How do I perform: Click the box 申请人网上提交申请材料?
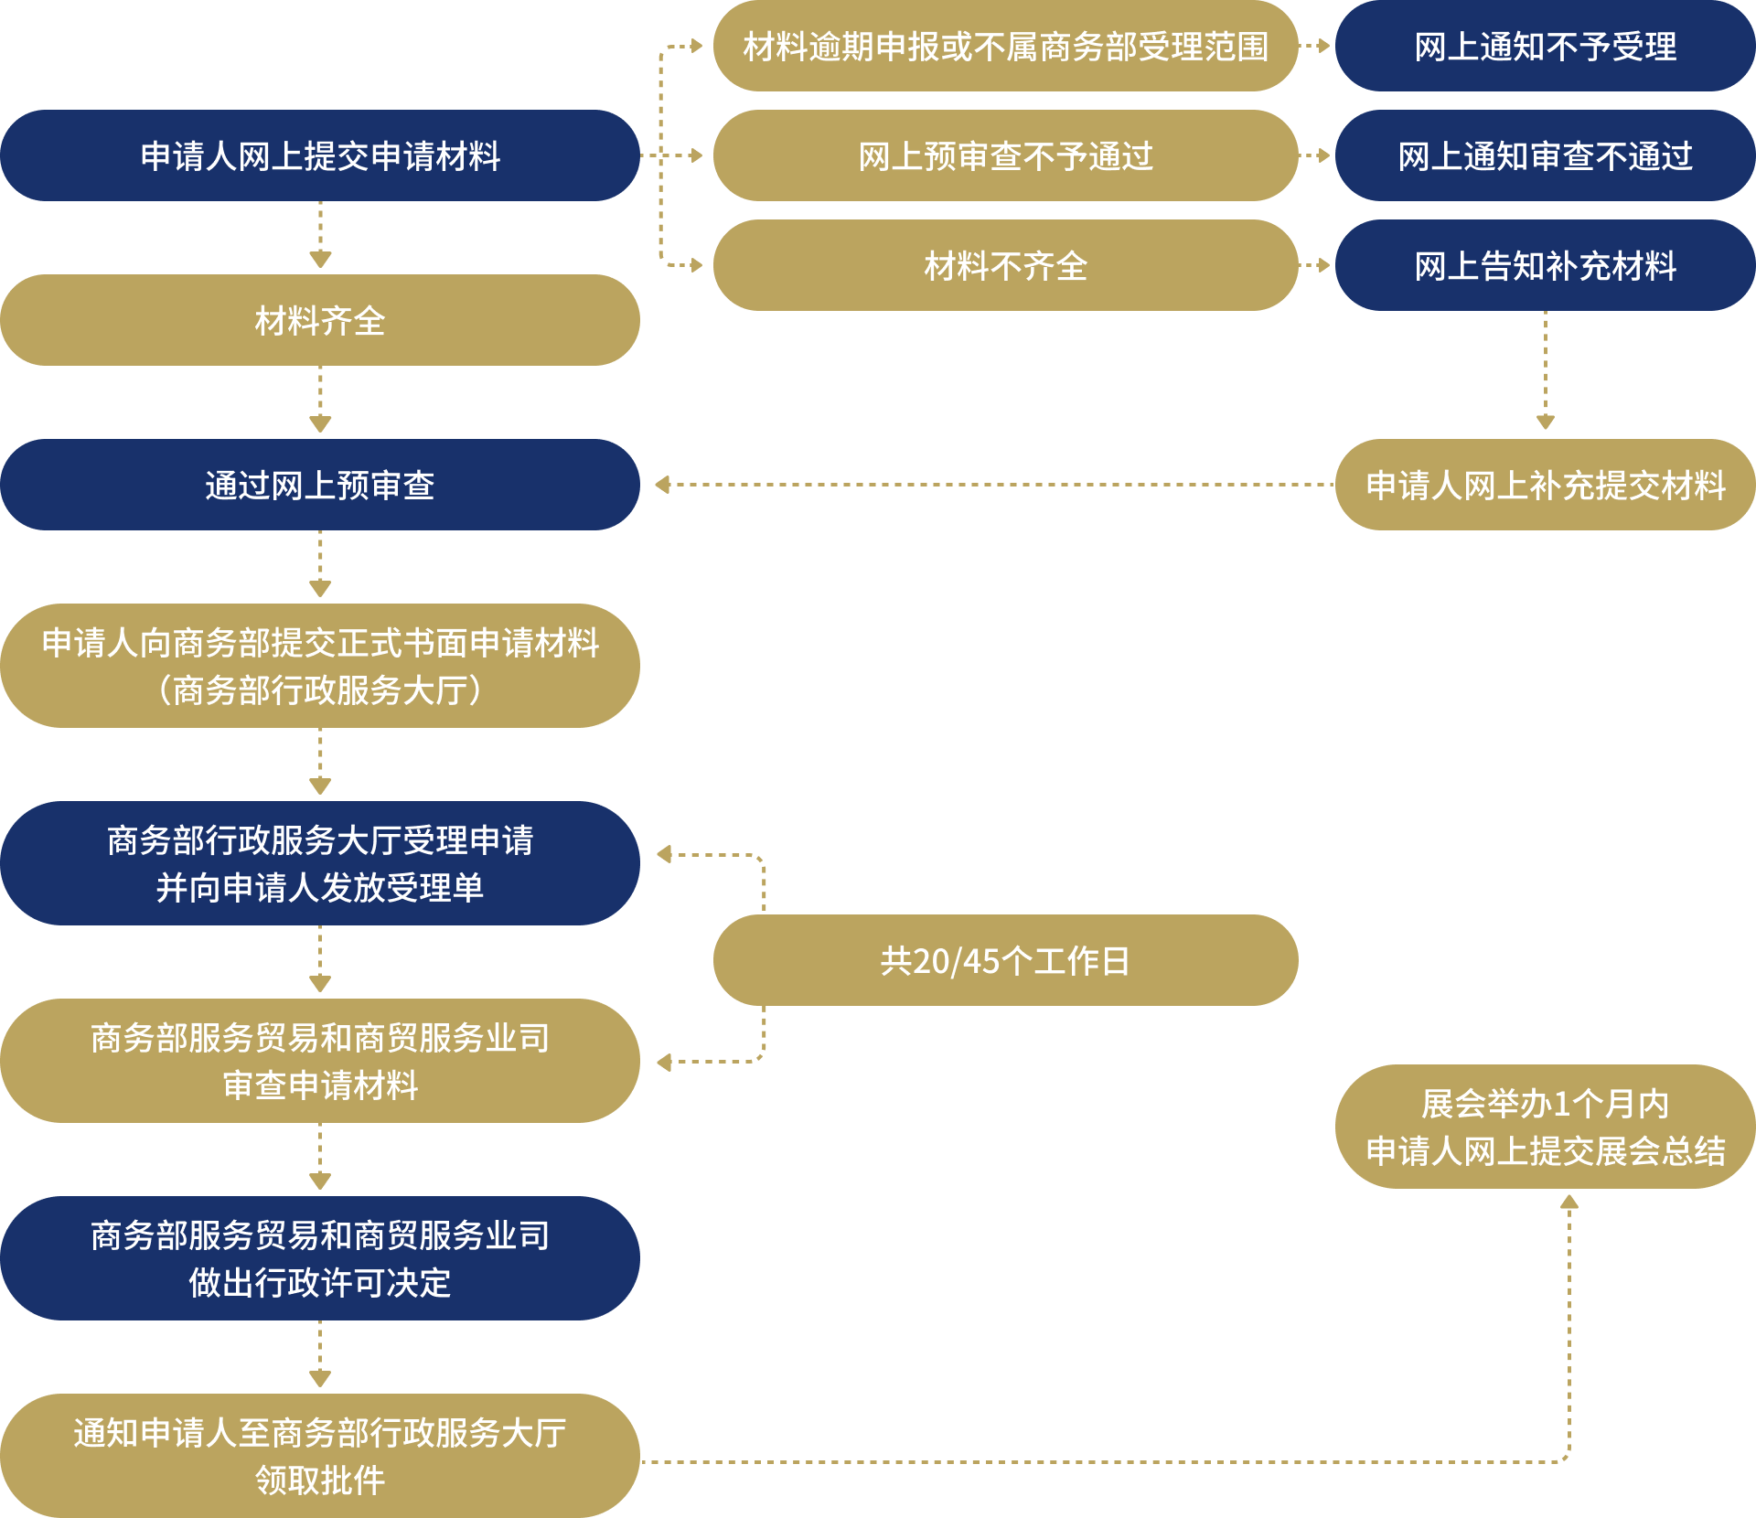click(x=320, y=155)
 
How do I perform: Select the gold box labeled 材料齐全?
click(x=320, y=320)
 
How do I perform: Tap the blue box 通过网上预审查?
click(x=320, y=485)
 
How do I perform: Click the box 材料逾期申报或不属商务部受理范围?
click(x=1005, y=46)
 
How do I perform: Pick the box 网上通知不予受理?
click(x=1545, y=46)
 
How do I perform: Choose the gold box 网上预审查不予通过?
click(x=1005, y=155)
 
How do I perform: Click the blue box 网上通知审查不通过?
click(x=1545, y=155)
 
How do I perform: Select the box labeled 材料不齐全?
click(x=1005, y=265)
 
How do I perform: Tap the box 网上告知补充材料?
click(x=1545, y=265)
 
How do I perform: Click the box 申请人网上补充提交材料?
click(x=1545, y=485)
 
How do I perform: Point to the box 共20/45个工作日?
click(x=1005, y=960)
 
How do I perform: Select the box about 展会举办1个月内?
click(x=1545, y=1127)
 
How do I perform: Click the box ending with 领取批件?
click(x=320, y=1456)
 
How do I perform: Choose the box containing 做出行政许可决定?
click(x=320, y=1258)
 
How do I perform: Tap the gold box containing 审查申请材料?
click(x=320, y=1061)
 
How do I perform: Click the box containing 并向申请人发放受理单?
click(x=320, y=863)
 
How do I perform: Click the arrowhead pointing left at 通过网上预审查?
click(x=662, y=485)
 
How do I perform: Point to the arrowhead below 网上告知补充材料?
click(x=1546, y=422)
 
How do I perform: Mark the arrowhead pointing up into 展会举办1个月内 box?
click(x=1569, y=1202)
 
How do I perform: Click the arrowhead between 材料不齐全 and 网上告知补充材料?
click(x=1323, y=265)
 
